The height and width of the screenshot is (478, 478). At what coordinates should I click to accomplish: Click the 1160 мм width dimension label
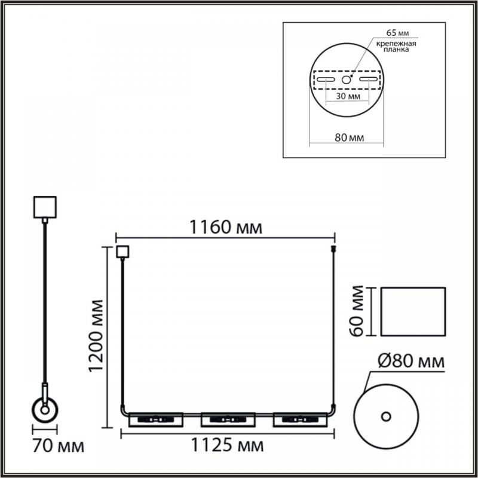pos(226,227)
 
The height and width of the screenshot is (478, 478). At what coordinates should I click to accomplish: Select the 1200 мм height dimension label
pos(96,336)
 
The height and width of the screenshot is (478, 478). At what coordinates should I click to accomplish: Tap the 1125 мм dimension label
pos(227,445)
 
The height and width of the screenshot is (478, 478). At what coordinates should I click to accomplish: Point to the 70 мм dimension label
pos(58,446)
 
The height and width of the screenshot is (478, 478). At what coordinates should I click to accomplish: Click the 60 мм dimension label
pos(356,311)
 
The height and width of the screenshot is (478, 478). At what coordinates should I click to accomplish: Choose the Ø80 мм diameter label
pos(411,361)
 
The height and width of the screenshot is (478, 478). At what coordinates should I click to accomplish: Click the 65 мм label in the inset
pos(397,33)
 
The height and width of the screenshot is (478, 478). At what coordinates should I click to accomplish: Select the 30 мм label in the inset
pos(348,96)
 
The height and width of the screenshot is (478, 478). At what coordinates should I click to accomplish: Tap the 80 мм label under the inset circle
pos(350,137)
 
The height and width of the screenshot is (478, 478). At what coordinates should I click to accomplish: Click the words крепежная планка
pos(396,47)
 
